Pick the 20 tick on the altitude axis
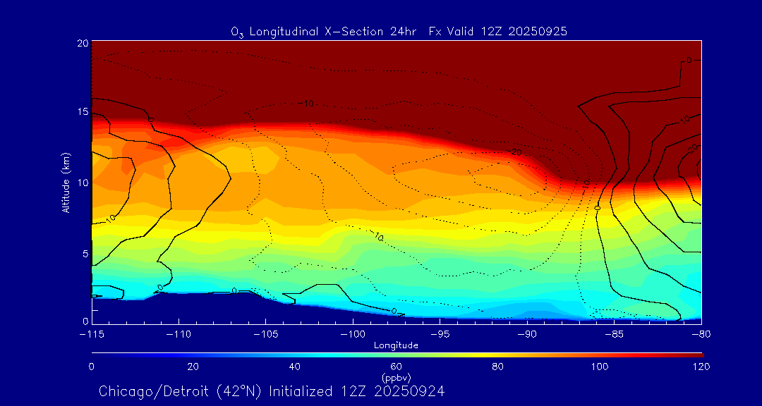pos(82,43)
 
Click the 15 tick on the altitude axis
pos(82,113)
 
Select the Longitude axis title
pos(396,345)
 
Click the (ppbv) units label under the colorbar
pos(396,377)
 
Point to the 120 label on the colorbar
pos(701,367)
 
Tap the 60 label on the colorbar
pos(396,367)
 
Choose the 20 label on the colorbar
pos(193,367)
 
